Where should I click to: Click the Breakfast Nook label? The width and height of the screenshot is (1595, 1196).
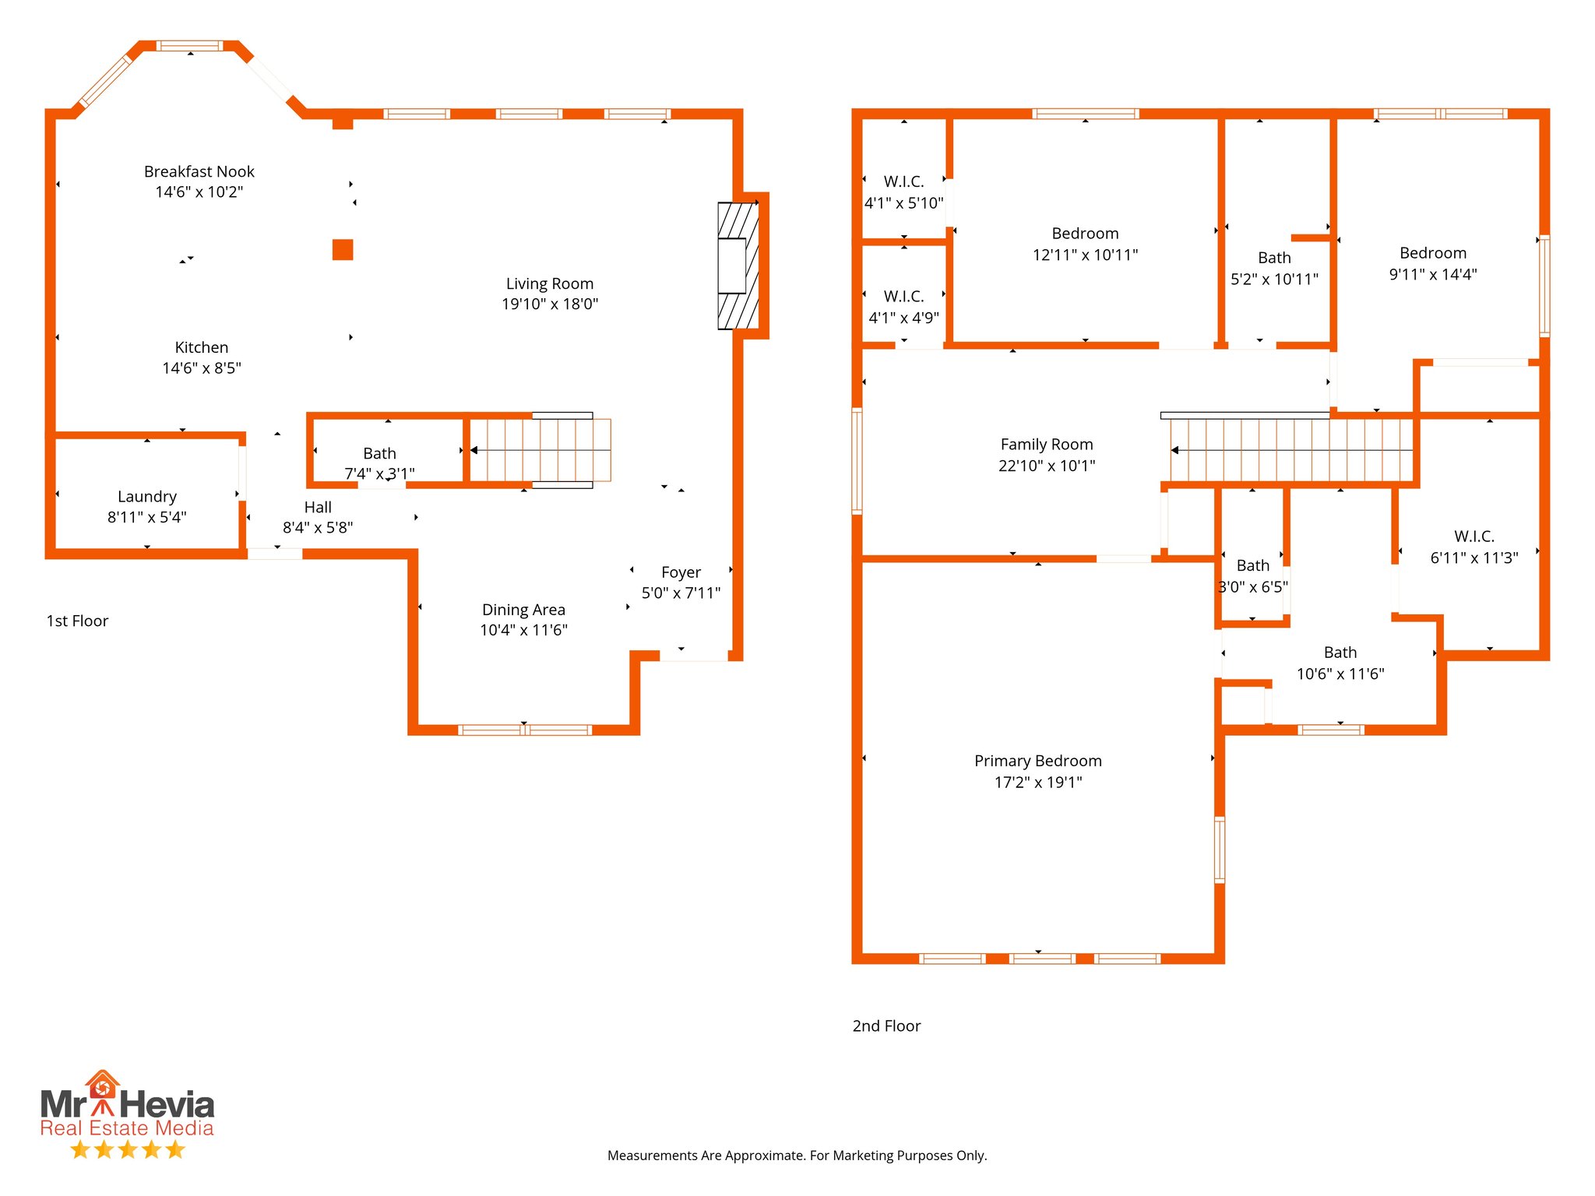point(199,171)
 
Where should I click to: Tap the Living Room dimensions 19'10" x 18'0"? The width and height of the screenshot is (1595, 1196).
point(550,304)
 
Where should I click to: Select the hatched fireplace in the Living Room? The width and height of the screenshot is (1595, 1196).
point(738,266)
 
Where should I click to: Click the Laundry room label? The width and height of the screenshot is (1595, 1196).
point(147,497)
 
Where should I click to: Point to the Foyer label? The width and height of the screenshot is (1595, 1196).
point(681,572)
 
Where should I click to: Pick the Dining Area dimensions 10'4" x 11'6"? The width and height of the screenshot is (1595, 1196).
point(523,630)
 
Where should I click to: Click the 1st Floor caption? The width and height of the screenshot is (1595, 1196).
point(77,621)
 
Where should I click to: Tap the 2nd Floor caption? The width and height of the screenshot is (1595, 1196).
point(886,1026)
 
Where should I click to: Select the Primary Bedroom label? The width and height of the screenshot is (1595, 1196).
point(1037,761)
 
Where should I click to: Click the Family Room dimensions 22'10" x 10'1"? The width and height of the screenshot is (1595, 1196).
point(1047,466)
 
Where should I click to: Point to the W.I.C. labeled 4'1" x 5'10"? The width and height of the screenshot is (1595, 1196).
point(903,181)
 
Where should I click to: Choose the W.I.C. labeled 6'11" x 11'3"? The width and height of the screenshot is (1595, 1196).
point(1474,536)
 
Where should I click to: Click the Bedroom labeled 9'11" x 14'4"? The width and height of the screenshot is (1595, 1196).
point(1432,253)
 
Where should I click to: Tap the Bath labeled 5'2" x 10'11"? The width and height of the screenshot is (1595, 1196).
point(1274,258)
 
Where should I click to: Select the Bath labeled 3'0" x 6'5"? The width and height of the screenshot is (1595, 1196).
point(1252,566)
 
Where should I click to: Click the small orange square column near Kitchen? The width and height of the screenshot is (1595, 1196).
point(343,249)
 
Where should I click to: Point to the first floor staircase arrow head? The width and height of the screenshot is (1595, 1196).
point(474,450)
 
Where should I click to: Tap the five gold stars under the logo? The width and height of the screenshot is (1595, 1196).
point(127,1149)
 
